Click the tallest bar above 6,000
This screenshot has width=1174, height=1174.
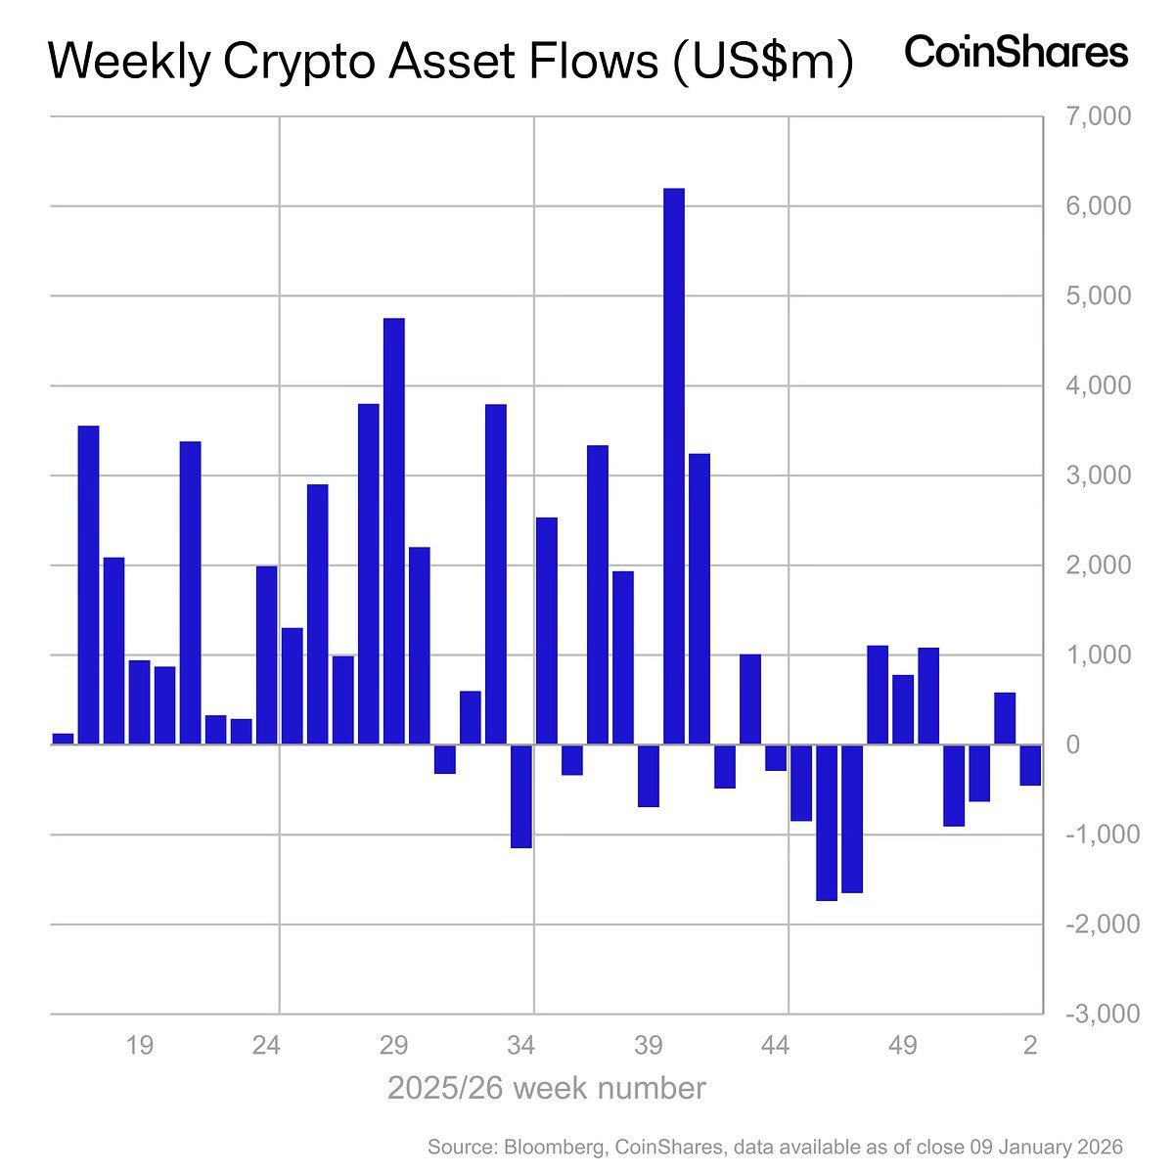coord(674,466)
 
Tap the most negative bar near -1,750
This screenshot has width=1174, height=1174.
coord(827,822)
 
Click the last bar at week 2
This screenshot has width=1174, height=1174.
coord(1030,765)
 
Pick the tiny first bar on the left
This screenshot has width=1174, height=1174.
coord(63,739)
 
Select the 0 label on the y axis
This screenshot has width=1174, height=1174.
coord(1073,745)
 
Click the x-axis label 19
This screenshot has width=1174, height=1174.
coord(139,1046)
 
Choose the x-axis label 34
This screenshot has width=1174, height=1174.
coord(520,1046)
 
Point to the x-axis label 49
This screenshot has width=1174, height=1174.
coord(903,1046)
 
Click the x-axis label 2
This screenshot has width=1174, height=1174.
coord(1029,1046)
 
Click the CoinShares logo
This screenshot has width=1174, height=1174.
coord(1016,52)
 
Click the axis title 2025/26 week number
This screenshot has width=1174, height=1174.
coord(546,1088)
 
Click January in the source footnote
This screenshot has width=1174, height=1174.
coord(1035,1146)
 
